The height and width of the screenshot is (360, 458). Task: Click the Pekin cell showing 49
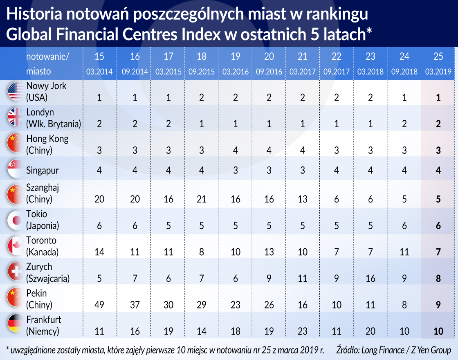(99, 305)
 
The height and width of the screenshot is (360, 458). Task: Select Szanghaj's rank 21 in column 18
(202, 199)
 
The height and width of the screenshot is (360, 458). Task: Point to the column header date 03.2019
(438, 72)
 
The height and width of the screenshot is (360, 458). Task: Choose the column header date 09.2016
(269, 72)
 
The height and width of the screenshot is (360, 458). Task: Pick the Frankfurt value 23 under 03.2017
(303, 331)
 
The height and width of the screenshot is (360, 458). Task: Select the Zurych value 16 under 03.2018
(370, 279)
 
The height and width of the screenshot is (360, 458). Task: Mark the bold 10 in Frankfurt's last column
(438, 331)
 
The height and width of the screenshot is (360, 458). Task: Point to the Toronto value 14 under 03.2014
(99, 252)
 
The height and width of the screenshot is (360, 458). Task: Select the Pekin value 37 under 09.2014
(135, 305)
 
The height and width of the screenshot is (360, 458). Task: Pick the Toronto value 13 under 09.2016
(269, 252)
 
